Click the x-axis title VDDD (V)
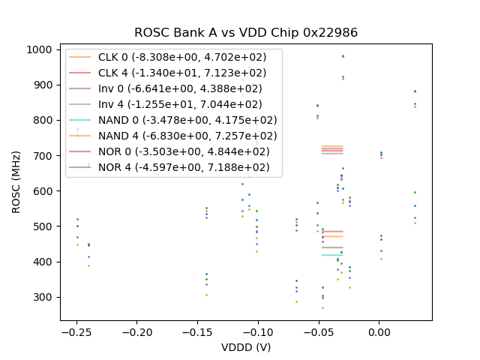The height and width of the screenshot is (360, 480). tap(246, 347)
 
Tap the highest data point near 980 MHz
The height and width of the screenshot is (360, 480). tap(343, 56)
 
